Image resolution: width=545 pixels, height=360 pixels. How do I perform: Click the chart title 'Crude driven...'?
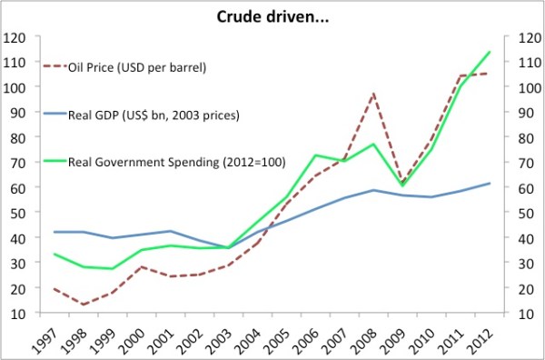[272, 15]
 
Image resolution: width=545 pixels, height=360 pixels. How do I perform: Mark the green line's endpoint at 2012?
[490, 52]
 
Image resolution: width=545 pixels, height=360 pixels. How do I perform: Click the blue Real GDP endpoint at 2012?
[490, 184]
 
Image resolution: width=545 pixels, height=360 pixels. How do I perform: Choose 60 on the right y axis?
[525, 188]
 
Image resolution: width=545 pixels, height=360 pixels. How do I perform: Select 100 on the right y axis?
[528, 88]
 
